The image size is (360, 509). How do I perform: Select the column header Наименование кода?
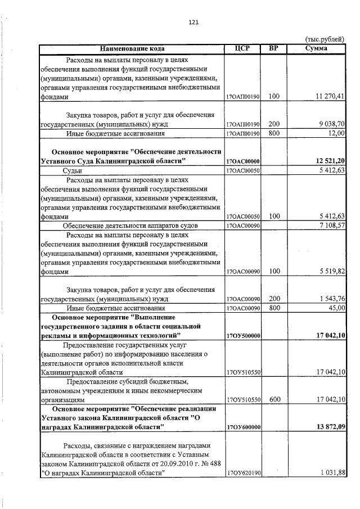[132, 48]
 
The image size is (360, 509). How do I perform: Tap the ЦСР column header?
[242, 48]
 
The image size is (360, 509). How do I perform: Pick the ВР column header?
[274, 48]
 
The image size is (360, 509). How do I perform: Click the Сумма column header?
[316, 48]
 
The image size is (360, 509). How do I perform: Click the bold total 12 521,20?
[328, 161]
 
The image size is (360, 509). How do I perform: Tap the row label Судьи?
[73, 170]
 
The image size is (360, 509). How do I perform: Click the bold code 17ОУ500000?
[242, 336]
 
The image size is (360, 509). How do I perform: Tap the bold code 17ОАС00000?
[242, 162]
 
